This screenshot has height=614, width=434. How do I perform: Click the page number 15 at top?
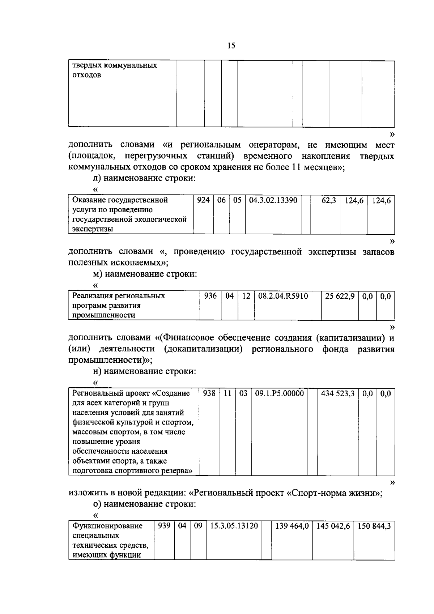[231, 46]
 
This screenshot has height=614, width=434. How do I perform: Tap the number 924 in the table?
[203, 200]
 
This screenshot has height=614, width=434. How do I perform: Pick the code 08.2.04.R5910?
[283, 296]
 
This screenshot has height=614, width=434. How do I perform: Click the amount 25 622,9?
[340, 296]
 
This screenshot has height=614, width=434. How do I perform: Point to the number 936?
[210, 296]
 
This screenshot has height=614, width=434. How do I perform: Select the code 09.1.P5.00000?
[279, 393]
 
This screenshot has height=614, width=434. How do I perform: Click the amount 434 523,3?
[338, 393]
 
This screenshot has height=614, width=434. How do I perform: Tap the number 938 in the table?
[209, 393]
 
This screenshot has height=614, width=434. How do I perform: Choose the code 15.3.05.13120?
[234, 526]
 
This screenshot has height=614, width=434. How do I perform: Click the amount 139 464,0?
[292, 526]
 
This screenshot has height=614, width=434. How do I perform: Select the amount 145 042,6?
[333, 526]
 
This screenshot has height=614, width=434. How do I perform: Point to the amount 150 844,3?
[374, 526]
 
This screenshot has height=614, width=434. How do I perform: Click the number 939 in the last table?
[164, 526]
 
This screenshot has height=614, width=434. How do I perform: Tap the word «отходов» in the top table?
[87, 76]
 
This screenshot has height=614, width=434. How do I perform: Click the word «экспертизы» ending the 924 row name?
[93, 229]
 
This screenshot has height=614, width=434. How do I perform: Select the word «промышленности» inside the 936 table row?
[104, 315]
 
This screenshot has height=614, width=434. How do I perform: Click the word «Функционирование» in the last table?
[107, 526]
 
